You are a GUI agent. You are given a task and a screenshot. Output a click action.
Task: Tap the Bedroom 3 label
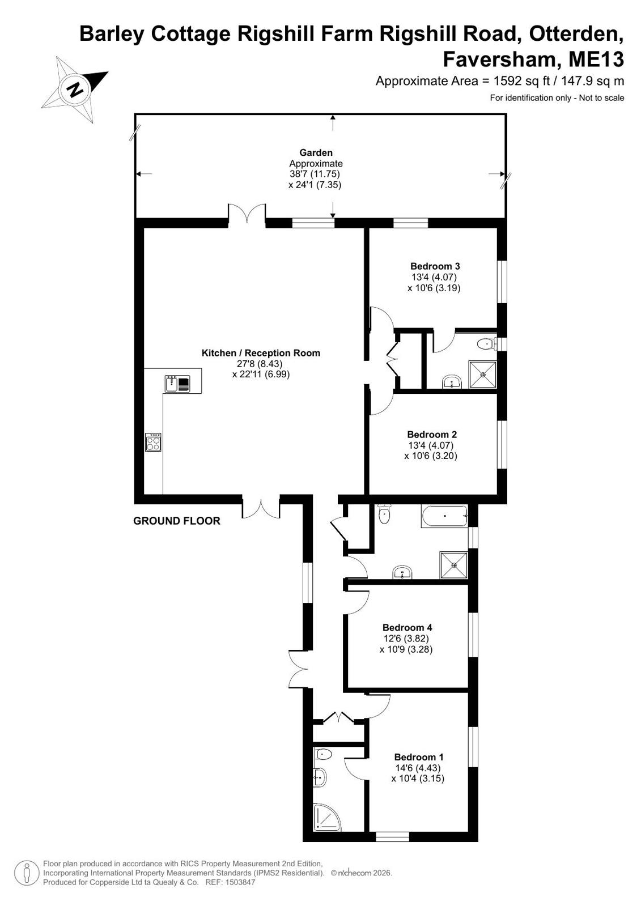(435, 266)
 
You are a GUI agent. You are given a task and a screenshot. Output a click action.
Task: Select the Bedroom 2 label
(432, 435)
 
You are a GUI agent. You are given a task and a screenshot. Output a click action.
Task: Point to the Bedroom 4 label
(407, 627)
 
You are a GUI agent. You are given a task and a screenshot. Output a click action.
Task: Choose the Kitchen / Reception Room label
(261, 352)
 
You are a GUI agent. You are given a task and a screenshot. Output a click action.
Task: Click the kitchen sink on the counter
(177, 384)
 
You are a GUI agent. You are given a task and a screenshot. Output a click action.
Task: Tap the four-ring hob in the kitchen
(154, 442)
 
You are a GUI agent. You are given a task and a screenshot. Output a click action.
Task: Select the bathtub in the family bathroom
(444, 516)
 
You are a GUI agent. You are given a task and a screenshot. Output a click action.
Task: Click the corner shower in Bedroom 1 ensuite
(326, 817)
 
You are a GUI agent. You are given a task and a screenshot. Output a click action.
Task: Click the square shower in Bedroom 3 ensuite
(482, 375)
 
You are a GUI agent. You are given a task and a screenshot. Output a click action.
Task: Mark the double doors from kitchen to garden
(247, 213)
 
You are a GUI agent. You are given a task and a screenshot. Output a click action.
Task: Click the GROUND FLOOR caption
(177, 521)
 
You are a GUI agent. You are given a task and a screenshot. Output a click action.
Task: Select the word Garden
(316, 152)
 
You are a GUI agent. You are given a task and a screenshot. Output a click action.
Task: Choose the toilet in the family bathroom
(384, 514)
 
